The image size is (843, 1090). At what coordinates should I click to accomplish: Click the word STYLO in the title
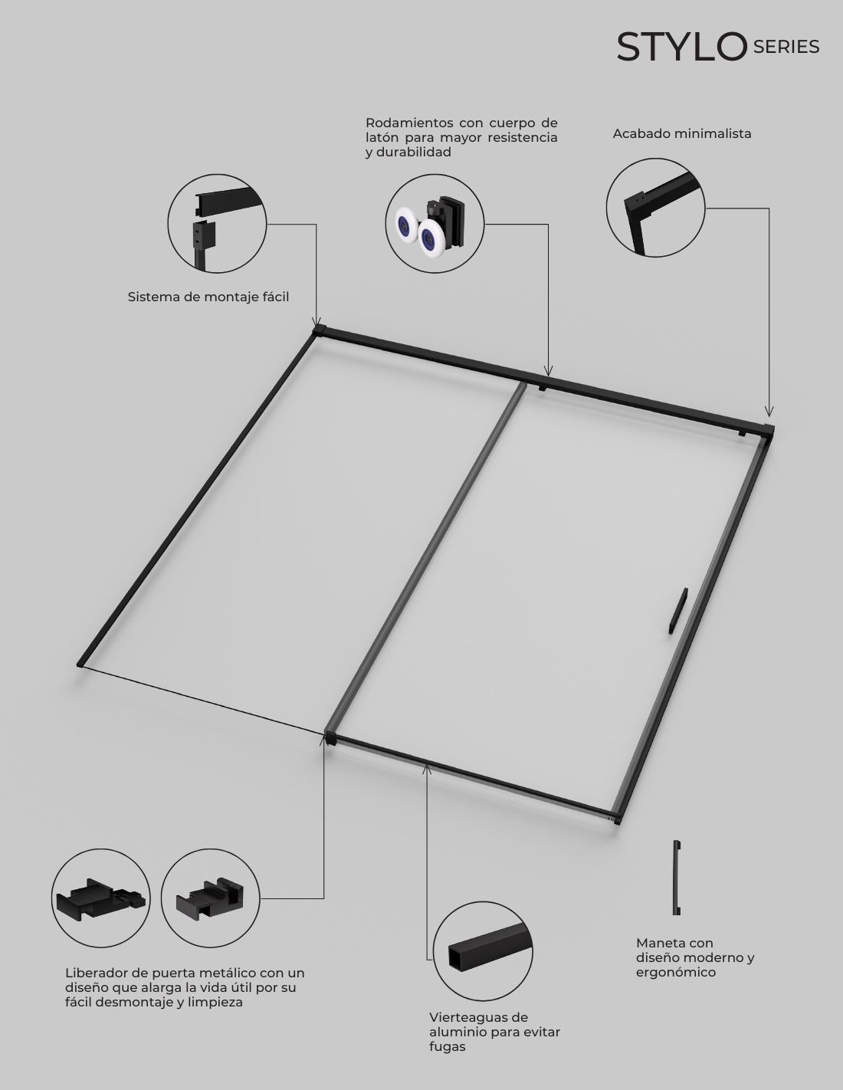pos(682,47)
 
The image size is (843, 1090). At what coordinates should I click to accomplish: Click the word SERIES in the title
pos(786,47)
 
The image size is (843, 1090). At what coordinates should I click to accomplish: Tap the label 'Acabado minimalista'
pos(682,134)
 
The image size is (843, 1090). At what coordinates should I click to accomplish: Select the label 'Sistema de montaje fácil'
pos(208,297)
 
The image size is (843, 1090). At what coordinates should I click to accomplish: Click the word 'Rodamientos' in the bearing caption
pos(409,123)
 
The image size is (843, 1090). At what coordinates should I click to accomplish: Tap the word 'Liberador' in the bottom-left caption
pos(95,973)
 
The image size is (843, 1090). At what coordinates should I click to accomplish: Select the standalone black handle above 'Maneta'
pos(677,877)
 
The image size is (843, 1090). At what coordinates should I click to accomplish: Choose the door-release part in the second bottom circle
pos(210,898)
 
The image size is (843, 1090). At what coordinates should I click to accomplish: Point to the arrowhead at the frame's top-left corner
pos(316,321)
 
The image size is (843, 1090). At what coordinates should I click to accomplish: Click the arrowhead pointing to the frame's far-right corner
pos(769,412)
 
